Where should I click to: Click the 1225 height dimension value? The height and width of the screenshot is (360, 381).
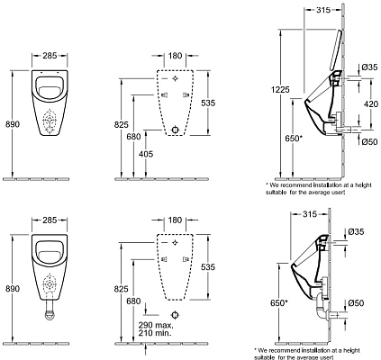pos(280,88)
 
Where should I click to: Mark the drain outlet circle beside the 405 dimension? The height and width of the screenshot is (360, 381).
pos(175,130)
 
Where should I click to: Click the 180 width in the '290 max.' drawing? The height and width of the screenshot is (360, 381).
pos(175,219)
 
